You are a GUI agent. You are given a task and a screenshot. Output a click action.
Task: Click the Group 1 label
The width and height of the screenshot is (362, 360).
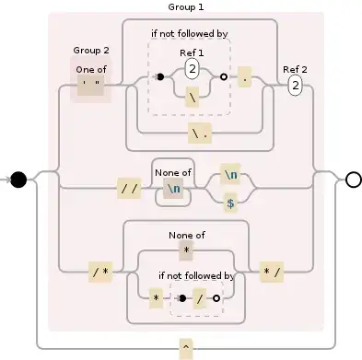click(185, 6)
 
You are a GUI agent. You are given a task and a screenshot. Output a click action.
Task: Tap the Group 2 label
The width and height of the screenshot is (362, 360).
click(91, 50)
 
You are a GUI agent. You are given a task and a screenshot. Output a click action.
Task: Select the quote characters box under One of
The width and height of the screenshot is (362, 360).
click(91, 81)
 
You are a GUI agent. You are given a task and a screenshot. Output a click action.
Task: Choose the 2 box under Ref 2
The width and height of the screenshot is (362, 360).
click(296, 86)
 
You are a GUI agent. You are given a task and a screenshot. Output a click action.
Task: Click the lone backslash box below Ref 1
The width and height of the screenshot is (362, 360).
click(193, 96)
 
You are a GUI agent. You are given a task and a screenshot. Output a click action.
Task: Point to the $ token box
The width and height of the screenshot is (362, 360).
click(230, 205)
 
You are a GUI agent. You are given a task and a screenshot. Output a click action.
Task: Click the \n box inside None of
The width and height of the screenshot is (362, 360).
click(172, 190)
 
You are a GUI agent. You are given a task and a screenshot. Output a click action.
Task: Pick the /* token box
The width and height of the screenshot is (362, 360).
click(99, 271)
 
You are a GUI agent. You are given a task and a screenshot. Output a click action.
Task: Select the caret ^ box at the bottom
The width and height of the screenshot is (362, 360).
click(185, 347)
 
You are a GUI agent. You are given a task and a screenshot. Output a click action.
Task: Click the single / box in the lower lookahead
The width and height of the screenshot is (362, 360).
click(199, 298)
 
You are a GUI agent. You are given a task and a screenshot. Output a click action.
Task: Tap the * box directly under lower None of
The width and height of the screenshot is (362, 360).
click(186, 250)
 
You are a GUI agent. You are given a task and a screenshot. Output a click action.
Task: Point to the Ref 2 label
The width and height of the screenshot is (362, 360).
click(296, 69)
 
